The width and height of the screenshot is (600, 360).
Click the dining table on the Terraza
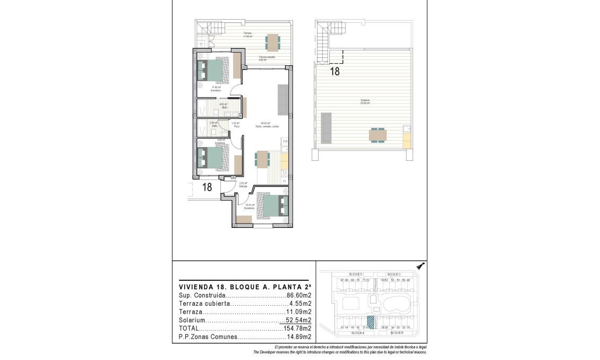click(x=272, y=42)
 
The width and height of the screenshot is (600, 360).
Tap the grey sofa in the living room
click(x=282, y=100)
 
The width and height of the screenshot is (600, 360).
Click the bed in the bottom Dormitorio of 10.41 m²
click(x=275, y=205)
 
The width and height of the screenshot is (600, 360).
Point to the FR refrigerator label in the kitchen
click(x=285, y=142)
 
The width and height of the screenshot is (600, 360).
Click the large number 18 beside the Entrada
click(x=207, y=187)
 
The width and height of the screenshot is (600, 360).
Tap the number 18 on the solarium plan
click(x=335, y=72)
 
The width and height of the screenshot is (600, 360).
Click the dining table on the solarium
click(x=378, y=135)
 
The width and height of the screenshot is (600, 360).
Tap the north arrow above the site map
click(x=421, y=266)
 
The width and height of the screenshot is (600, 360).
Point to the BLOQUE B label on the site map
click(x=397, y=333)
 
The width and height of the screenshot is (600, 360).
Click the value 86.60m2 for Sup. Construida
click(x=299, y=295)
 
